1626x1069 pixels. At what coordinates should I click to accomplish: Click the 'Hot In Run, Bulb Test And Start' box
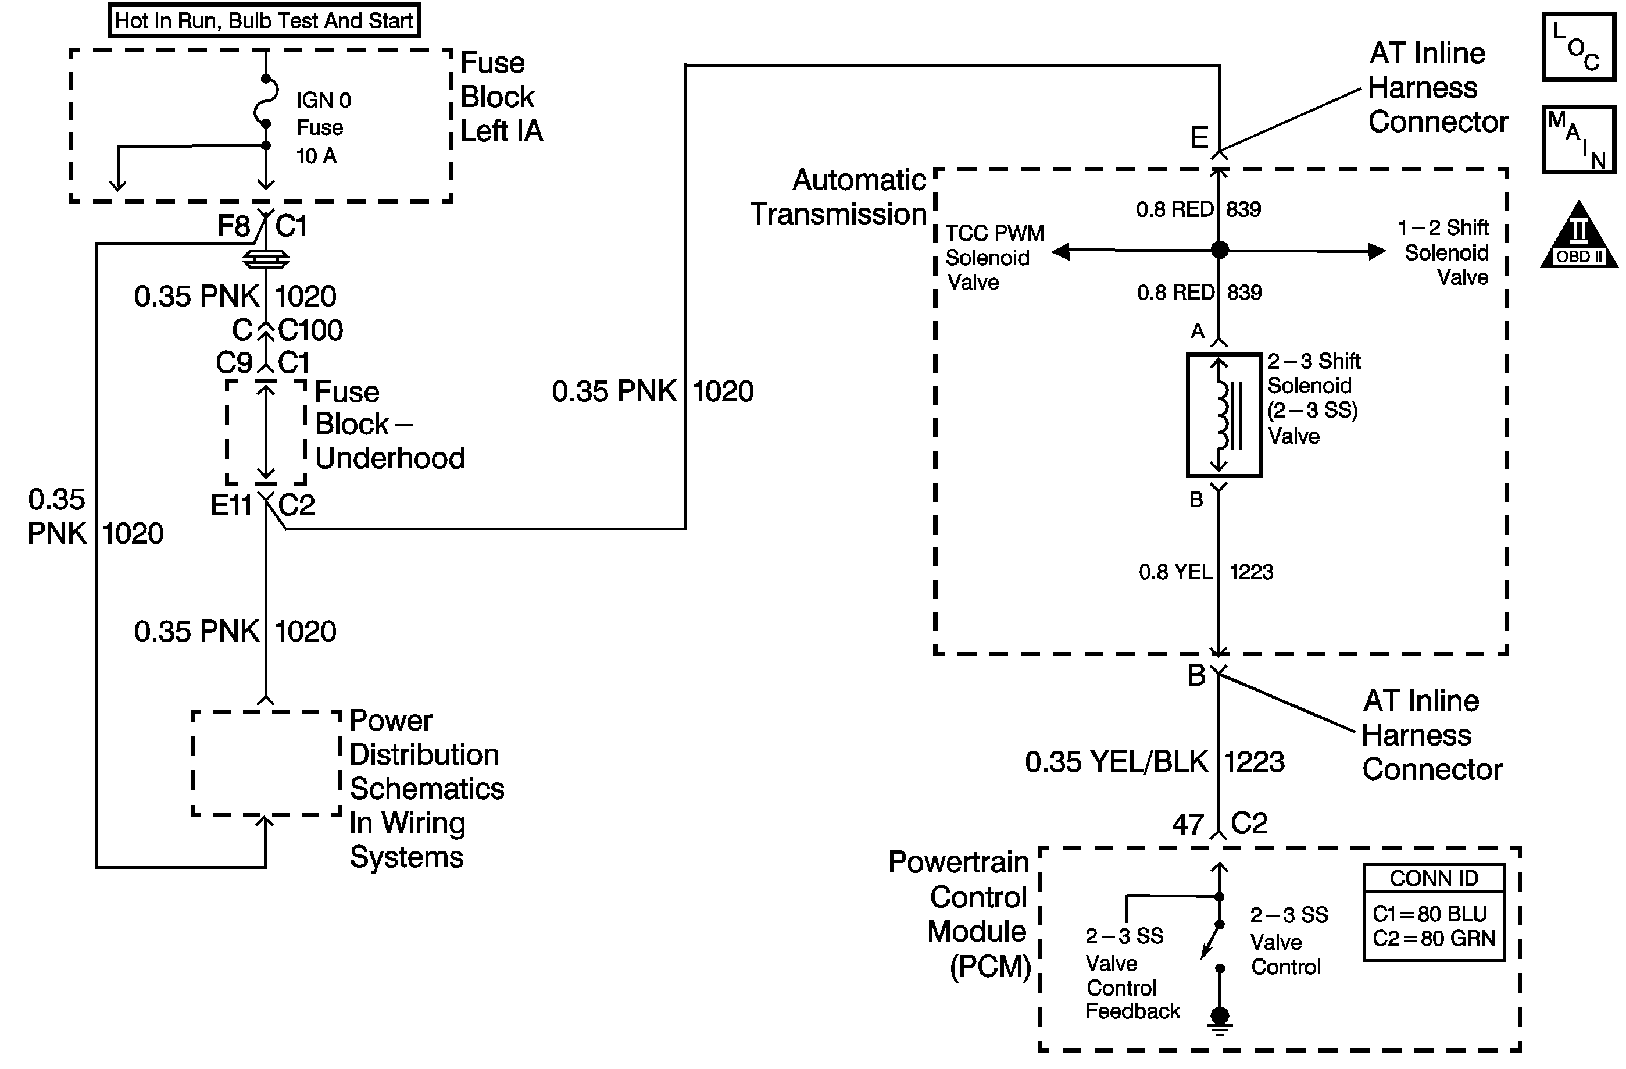[x=264, y=20]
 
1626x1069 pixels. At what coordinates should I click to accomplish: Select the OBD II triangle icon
[x=1578, y=234]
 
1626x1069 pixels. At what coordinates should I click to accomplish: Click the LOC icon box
[x=1579, y=47]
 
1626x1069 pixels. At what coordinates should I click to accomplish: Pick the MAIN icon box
[x=1579, y=140]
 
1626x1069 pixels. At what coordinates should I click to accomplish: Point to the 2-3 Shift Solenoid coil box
[x=1224, y=415]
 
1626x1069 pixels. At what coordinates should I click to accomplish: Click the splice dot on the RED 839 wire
[x=1220, y=250]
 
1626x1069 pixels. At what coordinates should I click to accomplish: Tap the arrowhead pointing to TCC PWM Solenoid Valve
[x=1060, y=251]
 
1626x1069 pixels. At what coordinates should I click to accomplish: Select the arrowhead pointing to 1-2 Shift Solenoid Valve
[x=1377, y=251]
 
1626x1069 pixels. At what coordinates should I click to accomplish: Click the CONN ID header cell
[x=1434, y=878]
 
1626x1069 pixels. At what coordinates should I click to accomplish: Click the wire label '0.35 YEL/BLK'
[x=1116, y=762]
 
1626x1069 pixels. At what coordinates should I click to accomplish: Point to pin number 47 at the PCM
[x=1188, y=824]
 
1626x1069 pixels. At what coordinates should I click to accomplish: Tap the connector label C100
[x=311, y=330]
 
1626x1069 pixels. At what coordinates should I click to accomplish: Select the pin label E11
[x=231, y=506]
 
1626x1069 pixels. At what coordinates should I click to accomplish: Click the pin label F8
[x=234, y=226]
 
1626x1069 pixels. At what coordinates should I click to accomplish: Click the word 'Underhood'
[x=390, y=458]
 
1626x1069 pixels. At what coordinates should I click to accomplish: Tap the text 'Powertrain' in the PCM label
[x=959, y=863]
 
